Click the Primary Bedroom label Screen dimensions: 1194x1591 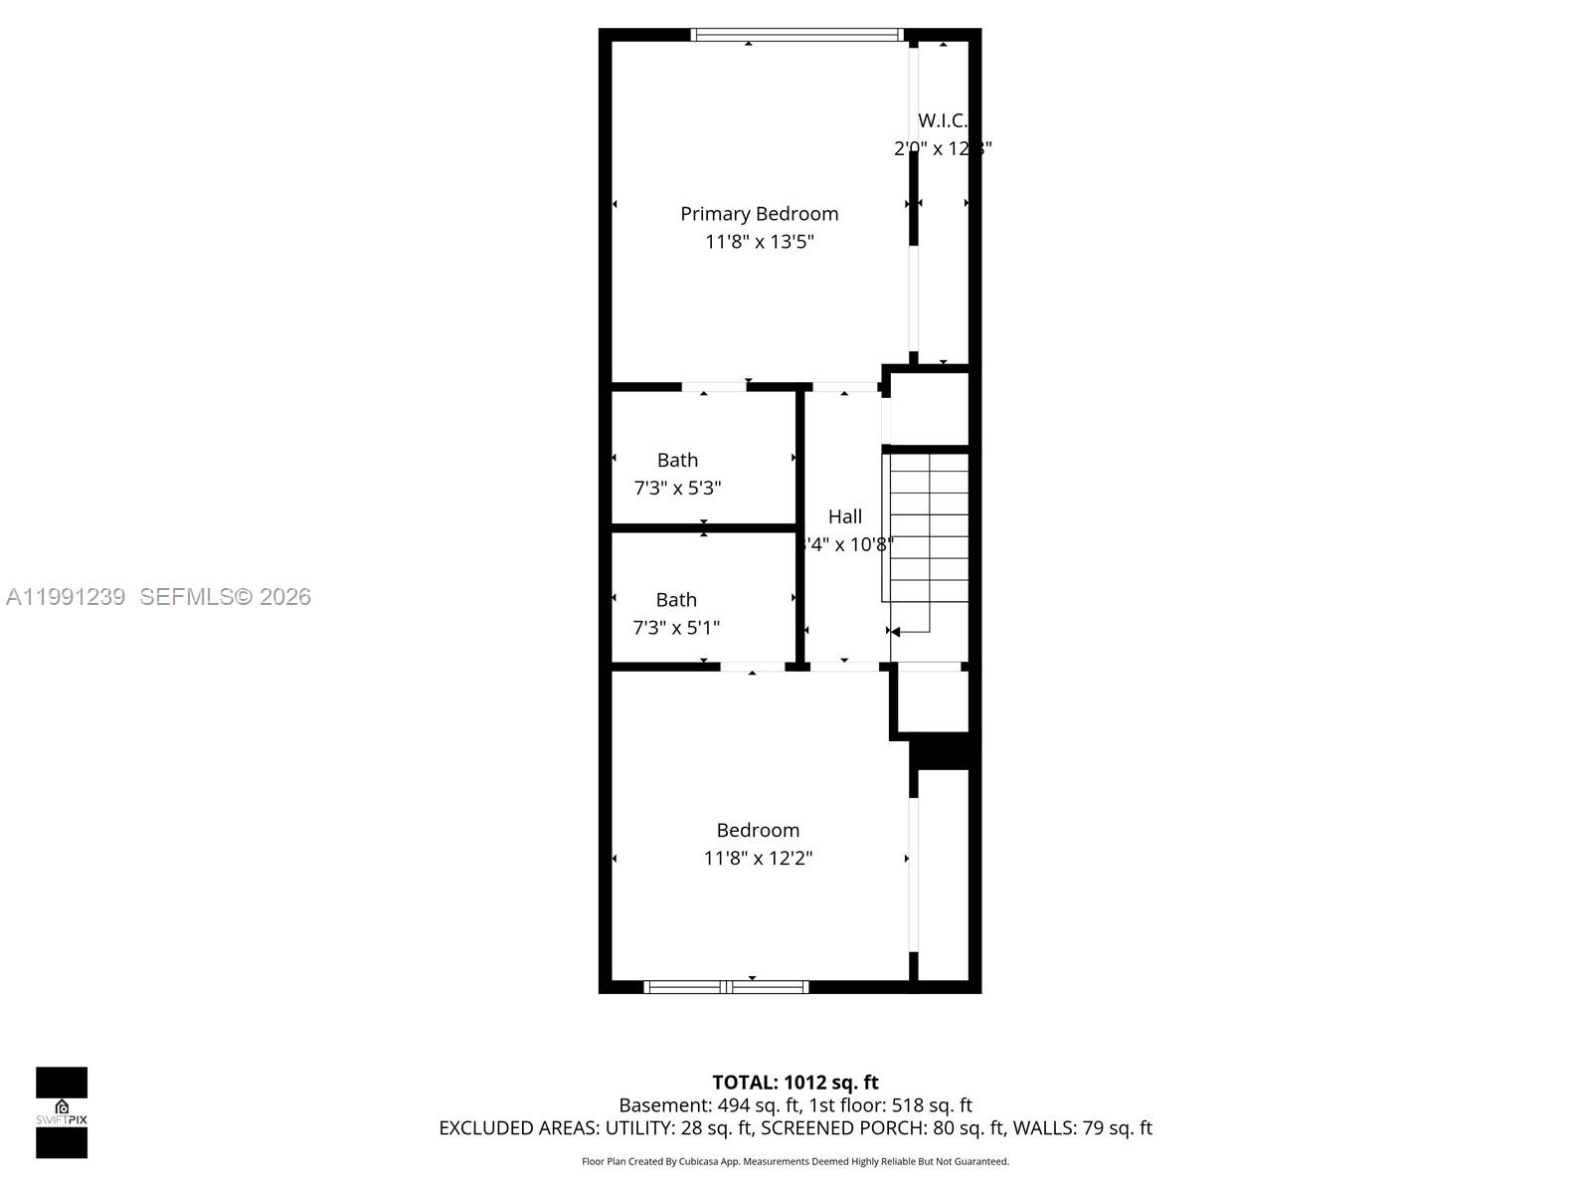coord(759,214)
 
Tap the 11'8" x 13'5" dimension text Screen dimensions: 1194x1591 coord(759,242)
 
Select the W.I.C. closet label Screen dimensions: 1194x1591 coord(942,120)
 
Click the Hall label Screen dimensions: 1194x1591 coord(845,516)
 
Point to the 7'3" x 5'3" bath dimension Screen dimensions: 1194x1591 coord(677,489)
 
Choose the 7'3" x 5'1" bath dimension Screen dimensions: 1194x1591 coord(676,628)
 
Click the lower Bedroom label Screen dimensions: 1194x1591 coord(758,830)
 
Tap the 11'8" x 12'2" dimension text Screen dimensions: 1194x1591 coord(758,858)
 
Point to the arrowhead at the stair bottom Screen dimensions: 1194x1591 coord(895,632)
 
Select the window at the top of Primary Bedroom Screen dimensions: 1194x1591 coord(796,35)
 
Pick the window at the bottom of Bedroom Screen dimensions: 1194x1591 coord(726,987)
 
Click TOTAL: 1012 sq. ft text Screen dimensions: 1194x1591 coord(795,1083)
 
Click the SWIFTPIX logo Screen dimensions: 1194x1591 coord(62,1112)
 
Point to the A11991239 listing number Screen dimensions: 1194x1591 coord(66,597)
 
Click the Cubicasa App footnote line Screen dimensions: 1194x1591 coord(795,1161)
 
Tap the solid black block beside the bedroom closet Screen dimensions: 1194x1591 coord(945,751)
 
